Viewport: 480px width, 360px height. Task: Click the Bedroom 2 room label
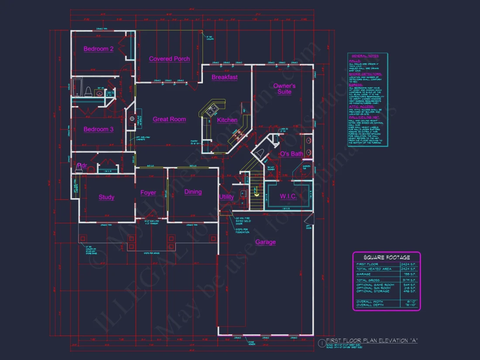[99, 49]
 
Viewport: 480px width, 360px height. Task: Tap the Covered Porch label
[169, 59]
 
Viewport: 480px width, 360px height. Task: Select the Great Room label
[169, 119]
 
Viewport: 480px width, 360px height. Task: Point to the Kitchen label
[227, 120]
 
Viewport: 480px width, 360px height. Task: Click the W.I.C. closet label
[288, 196]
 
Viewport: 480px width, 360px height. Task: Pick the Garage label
[266, 242]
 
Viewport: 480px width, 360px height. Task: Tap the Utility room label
[226, 197]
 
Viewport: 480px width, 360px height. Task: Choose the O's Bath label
[291, 154]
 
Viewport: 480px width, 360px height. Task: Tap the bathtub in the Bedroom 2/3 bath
[78, 87]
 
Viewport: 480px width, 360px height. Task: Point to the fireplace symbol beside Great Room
[132, 119]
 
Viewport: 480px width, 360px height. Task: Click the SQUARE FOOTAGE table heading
[387, 257]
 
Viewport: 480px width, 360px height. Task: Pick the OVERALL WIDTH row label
[369, 302]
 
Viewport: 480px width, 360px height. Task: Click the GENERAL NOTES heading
[365, 56]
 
